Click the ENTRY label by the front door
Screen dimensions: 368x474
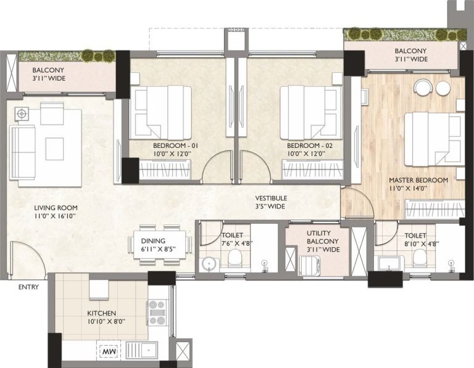pos(28,287)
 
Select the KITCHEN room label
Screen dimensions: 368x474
pos(102,313)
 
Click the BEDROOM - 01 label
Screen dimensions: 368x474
pos(175,145)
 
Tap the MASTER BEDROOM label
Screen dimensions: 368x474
pos(418,181)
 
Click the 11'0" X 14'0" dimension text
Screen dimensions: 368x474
pos(418,189)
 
